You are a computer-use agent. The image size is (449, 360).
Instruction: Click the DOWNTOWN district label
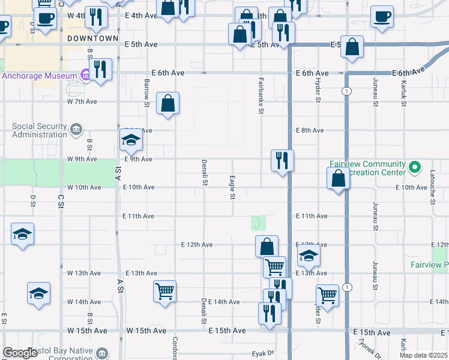92,38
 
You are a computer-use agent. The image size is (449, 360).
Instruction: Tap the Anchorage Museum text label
40,76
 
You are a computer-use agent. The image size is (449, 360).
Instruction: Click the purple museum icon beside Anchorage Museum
85,76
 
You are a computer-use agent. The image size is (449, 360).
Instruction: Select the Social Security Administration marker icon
76,128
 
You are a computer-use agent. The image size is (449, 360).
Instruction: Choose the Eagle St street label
232,188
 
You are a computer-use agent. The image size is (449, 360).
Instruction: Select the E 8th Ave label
310,130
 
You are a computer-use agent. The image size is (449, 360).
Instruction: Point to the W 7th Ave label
82,101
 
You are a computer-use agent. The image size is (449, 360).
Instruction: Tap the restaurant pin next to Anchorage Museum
100,70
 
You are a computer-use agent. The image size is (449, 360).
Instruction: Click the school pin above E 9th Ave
130,142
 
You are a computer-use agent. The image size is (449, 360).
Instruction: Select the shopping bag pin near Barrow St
168,103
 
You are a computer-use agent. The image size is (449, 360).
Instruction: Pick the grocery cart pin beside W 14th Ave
164,292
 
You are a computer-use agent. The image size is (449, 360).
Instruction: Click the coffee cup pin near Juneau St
381,16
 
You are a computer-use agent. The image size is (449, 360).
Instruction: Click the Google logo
20,353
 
